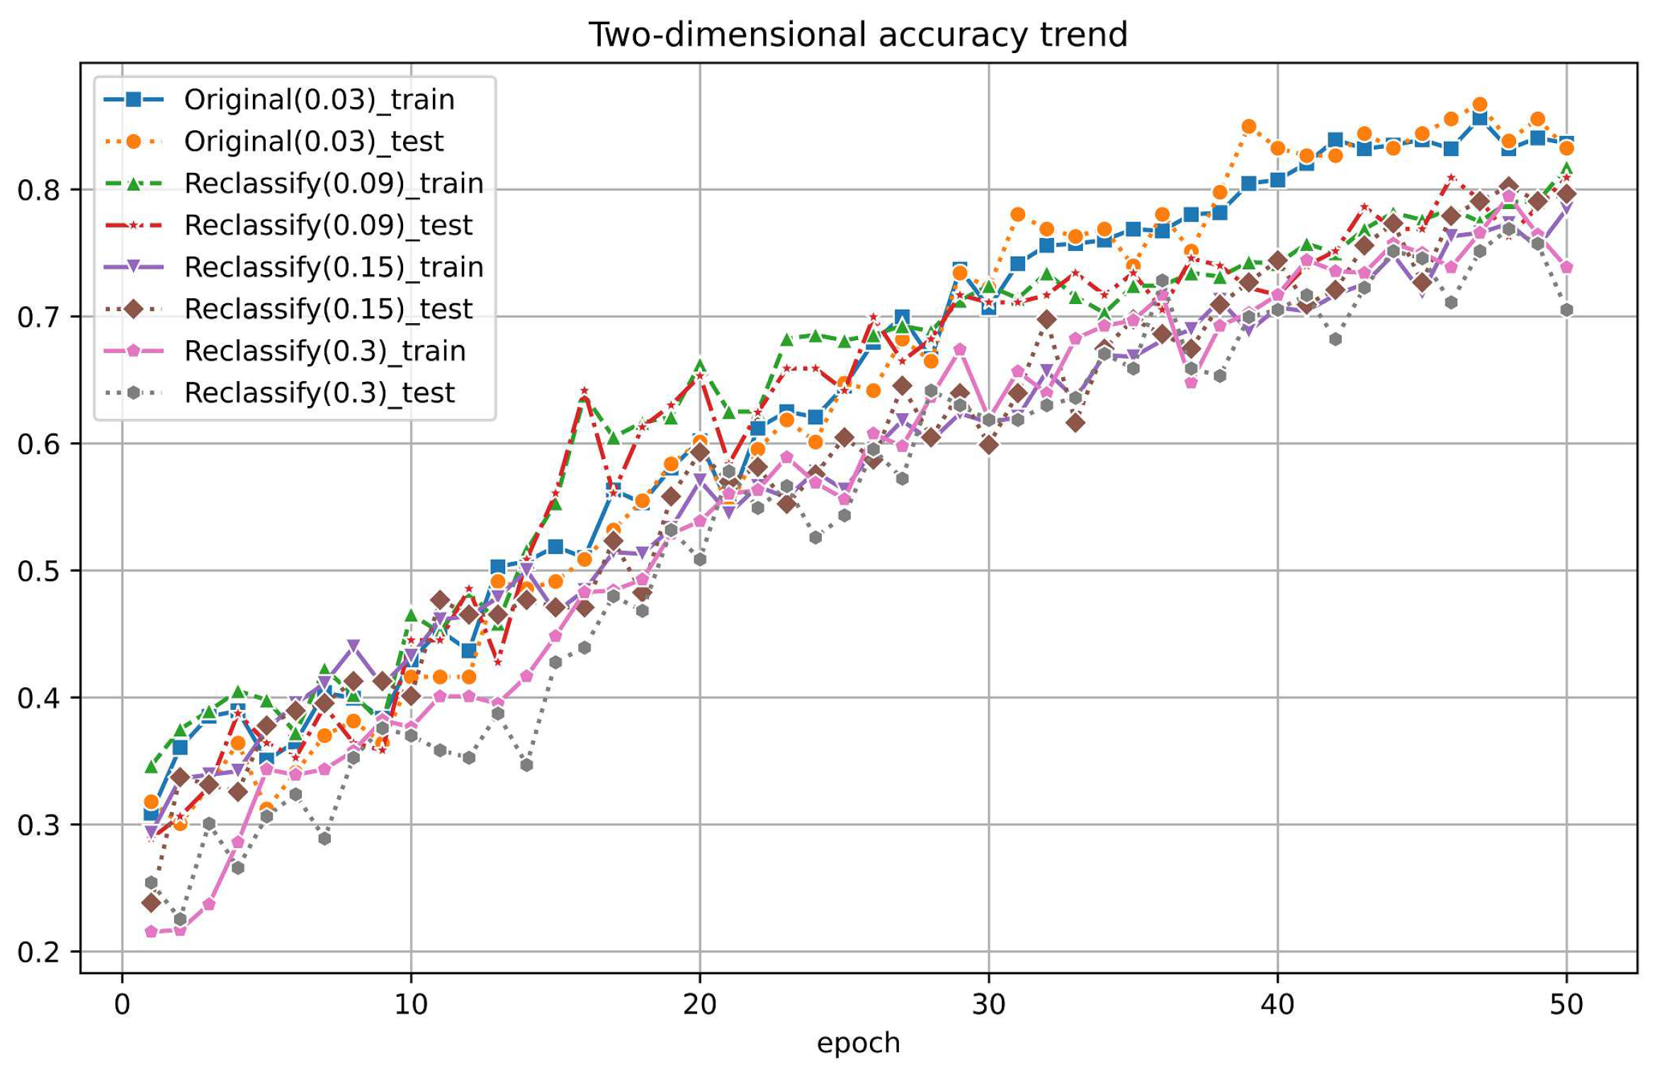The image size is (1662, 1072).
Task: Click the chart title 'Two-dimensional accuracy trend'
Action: [x=858, y=35]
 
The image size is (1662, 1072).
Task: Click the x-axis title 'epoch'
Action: [x=858, y=1043]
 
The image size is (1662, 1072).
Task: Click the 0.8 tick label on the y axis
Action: [x=38, y=190]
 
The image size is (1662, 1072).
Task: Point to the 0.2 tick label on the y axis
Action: [x=38, y=952]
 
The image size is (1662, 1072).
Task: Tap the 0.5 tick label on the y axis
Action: [x=38, y=571]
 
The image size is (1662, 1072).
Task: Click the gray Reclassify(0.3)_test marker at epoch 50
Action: [x=1566, y=310]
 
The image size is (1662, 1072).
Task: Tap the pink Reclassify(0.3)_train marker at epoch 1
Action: [x=151, y=932]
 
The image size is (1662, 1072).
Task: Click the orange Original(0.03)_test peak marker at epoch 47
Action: [x=1480, y=105]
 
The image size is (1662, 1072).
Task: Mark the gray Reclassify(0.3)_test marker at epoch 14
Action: [x=526, y=765]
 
